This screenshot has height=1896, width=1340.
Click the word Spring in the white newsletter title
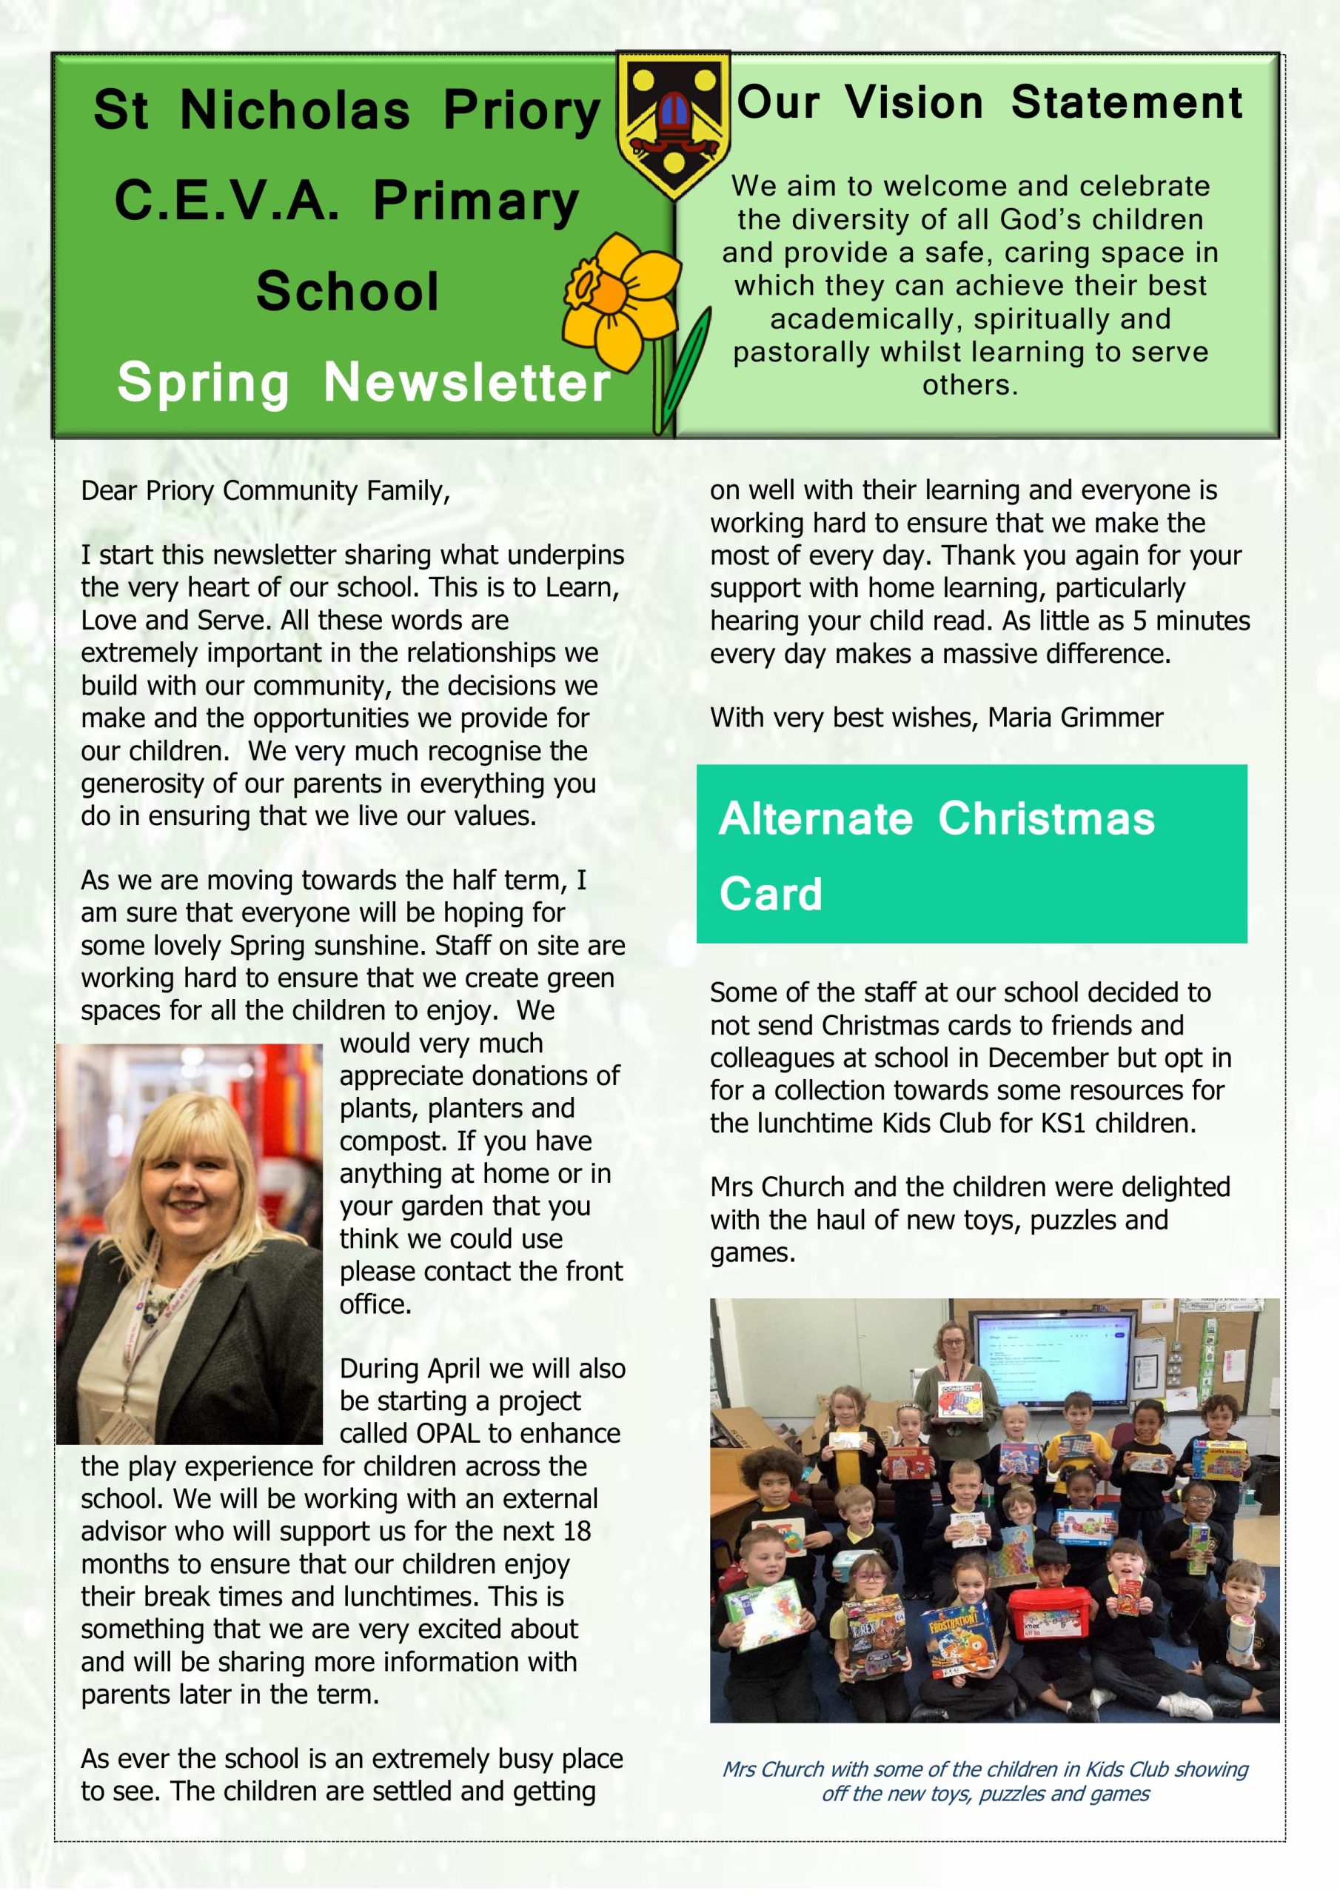pyautogui.click(x=203, y=383)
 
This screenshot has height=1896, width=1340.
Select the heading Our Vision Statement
pyautogui.click(x=989, y=102)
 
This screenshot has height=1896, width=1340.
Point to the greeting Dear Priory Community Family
pyautogui.click(x=265, y=490)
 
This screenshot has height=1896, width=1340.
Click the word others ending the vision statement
pyautogui.click(x=969, y=385)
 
